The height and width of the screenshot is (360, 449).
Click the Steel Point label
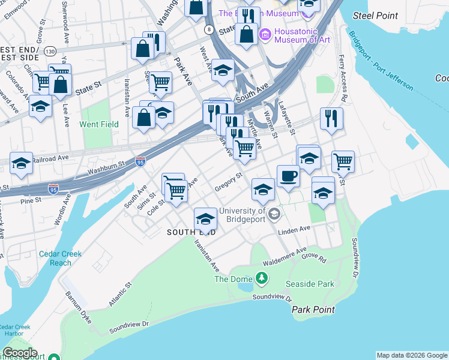coord(376,15)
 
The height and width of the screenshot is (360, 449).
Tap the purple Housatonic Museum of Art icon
coord(265,35)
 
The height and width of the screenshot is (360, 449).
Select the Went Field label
coord(100,124)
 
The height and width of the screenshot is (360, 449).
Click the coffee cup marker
coord(288,176)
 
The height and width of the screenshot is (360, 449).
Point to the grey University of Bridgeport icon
coord(274,214)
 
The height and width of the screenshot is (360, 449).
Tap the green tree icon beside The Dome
coord(261,278)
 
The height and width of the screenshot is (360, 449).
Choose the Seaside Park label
coord(310,284)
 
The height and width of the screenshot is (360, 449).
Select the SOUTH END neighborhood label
coord(190,232)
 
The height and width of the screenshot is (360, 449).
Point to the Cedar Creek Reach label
coord(60,258)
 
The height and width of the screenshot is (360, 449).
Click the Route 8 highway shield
coord(208,29)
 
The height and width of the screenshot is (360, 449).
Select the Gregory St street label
coord(228,181)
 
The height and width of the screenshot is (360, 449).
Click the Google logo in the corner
coord(20,353)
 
